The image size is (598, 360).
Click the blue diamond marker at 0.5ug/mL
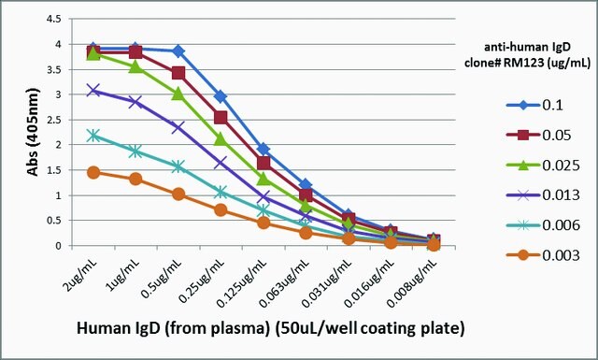coord(178,50)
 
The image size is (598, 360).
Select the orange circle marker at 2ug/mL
coord(93,172)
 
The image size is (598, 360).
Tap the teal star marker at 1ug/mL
coord(135,151)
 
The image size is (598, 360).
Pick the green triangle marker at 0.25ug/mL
coord(221,139)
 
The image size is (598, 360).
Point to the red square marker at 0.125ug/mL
coord(263,163)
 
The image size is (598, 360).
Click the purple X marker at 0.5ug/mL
coord(178,127)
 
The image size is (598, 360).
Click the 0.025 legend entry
coord(543,166)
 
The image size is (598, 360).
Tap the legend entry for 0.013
coord(543,195)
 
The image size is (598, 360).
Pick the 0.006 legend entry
coord(543,225)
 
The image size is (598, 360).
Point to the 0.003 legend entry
coord(543,255)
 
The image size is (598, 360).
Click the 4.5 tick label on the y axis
coord(53,19)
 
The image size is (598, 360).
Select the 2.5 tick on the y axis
coord(53,120)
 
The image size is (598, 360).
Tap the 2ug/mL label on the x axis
coord(81,275)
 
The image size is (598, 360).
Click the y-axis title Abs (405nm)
coord(34,132)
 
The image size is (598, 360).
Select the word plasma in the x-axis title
coord(237,329)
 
